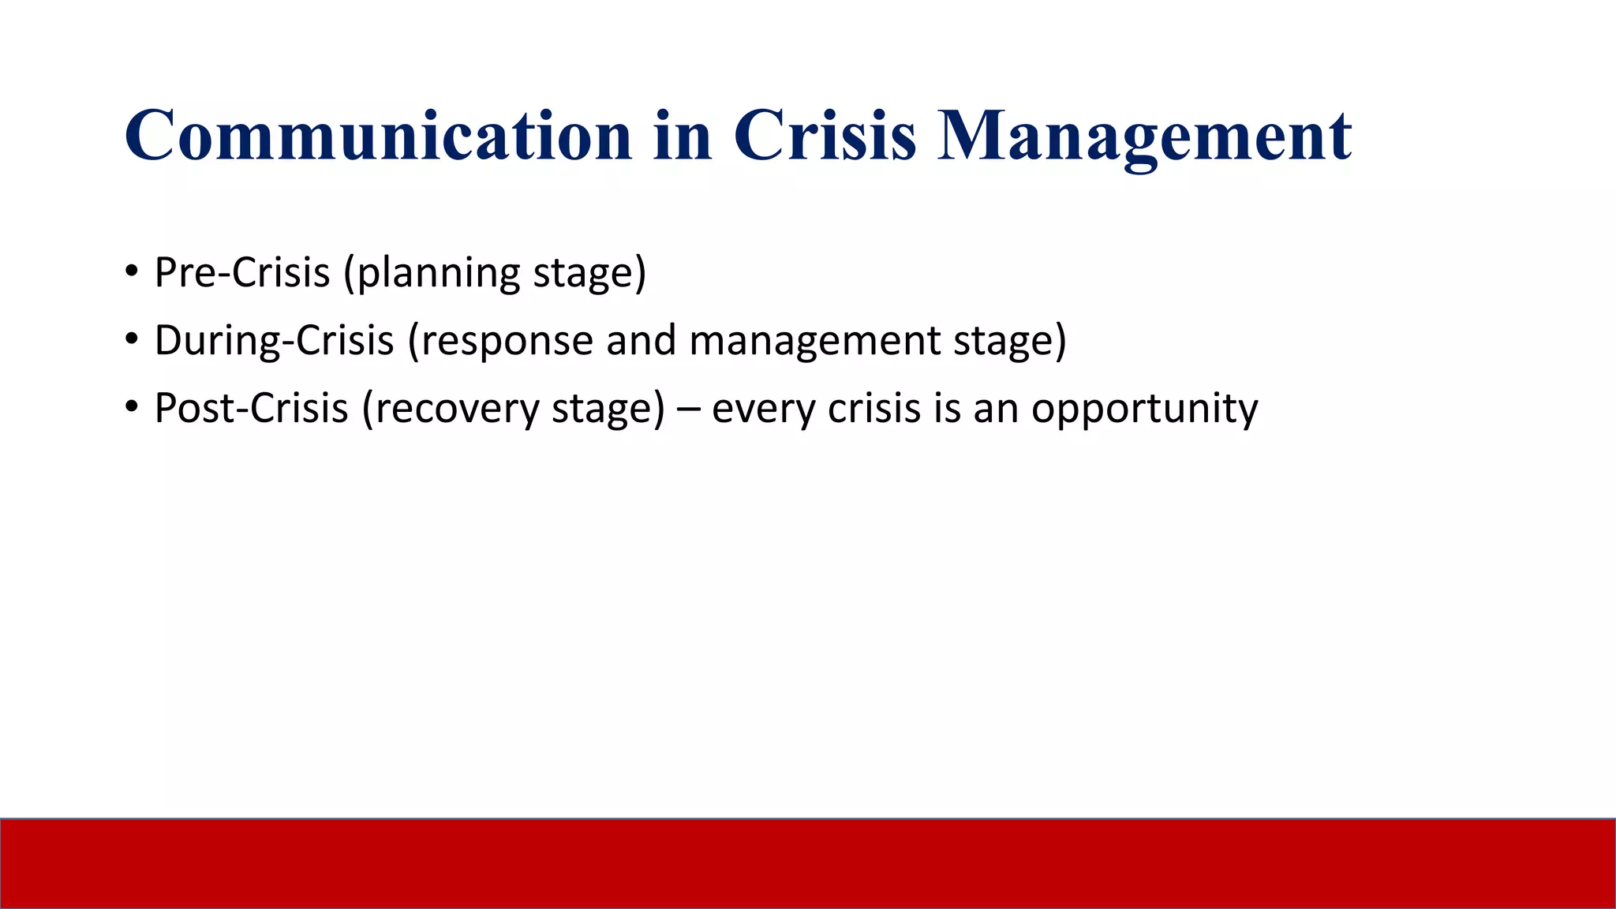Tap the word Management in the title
tap(1144, 136)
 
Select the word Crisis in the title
tap(825, 136)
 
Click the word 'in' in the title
tap(683, 136)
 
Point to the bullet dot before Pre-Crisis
tap(132, 273)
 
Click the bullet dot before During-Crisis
tap(132, 341)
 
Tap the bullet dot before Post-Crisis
tap(132, 409)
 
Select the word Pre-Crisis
tap(241, 273)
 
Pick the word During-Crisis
tap(274, 341)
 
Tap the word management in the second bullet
tap(814, 341)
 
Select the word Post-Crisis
tap(251, 409)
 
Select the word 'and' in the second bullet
tap(641, 341)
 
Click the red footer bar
tap(808, 863)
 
